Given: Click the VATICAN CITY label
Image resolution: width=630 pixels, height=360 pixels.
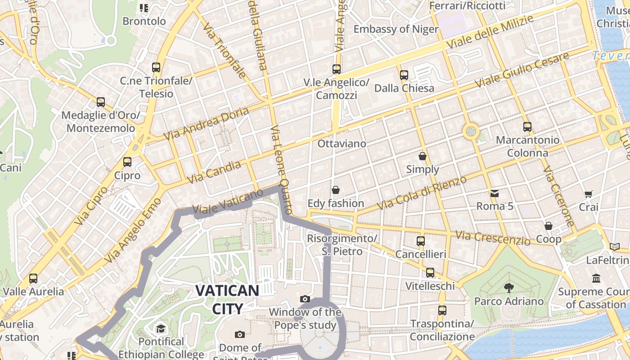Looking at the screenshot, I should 228,299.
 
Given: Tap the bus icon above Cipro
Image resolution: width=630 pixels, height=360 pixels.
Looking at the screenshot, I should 127,162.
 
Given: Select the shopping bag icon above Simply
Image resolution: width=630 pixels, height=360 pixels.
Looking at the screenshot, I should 423,156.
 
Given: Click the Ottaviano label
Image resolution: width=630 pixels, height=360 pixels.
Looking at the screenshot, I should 342,144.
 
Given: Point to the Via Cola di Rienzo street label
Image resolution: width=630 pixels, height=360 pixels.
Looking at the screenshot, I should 422,193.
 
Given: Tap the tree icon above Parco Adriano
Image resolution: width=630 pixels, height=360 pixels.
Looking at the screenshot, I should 509,288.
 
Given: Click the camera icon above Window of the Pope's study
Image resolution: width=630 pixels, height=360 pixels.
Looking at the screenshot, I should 305,299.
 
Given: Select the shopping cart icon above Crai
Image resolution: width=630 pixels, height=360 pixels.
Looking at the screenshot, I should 588,194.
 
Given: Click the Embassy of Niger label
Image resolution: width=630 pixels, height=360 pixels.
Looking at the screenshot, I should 396,29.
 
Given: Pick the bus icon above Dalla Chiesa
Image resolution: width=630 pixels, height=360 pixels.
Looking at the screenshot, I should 404,75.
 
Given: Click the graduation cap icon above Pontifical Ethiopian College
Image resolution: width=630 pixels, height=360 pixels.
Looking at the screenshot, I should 161,329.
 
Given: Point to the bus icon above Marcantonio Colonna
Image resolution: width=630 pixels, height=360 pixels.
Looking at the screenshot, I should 527,127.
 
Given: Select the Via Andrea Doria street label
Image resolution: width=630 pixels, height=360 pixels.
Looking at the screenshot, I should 206,123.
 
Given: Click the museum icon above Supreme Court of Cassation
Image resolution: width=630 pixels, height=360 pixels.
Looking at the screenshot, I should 597,279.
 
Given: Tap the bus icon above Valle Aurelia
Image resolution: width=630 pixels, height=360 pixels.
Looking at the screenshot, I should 33,279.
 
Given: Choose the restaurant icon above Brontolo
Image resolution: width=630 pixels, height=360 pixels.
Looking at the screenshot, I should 144,8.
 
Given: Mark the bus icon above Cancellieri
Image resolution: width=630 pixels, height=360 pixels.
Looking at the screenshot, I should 421,241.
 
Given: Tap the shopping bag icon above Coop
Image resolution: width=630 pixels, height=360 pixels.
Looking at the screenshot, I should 548,226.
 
